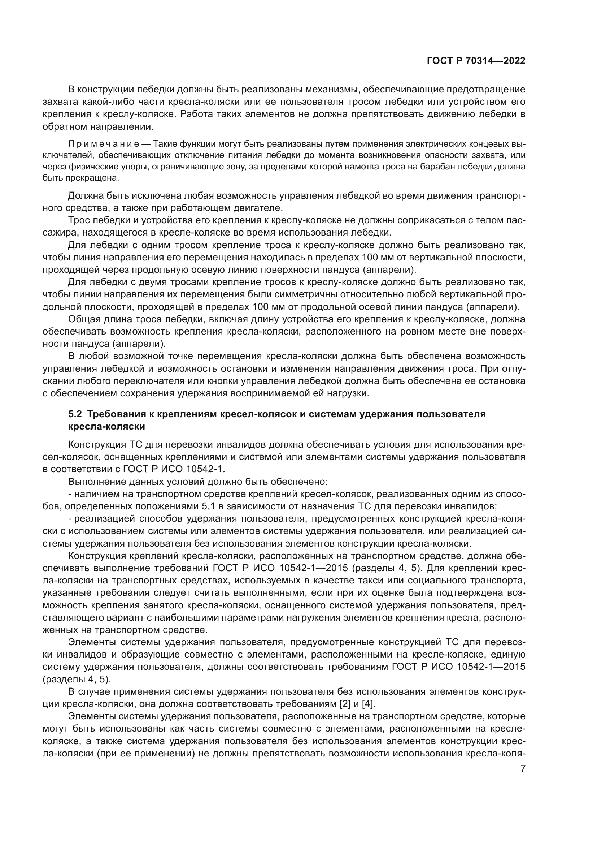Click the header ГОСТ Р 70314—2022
[x=476, y=61]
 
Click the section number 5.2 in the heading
[x=76, y=414]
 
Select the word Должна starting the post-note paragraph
[x=86, y=195]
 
